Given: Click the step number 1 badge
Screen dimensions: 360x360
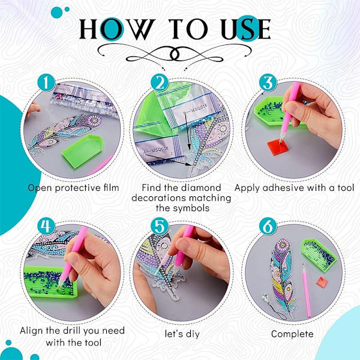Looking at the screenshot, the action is pos(46,83).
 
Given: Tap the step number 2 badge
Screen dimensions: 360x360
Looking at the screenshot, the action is pos(160,83).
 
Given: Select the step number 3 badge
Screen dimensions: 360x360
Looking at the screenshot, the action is pos(268,83).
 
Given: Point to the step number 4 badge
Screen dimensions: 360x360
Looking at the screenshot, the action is pos(46,226).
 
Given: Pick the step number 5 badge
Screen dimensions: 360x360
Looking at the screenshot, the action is pos(160,226).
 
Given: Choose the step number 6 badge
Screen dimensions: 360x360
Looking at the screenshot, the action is pos(268,226).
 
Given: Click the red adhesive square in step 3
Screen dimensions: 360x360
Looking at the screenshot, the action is pos(278,147).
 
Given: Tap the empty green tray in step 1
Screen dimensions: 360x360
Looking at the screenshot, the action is pos(83,151).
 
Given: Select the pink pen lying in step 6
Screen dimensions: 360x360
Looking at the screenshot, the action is pos(307,290).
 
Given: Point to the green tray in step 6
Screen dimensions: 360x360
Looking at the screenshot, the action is pos(319,255).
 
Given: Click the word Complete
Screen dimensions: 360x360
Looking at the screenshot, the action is pos(292,334).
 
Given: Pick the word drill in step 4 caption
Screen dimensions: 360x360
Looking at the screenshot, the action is pos(74,331).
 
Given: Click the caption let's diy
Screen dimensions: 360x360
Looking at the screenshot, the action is pos(182,334).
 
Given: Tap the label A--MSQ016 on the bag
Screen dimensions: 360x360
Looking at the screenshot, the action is pos(156,150).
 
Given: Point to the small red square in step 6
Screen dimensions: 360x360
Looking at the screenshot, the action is pos(322,282).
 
